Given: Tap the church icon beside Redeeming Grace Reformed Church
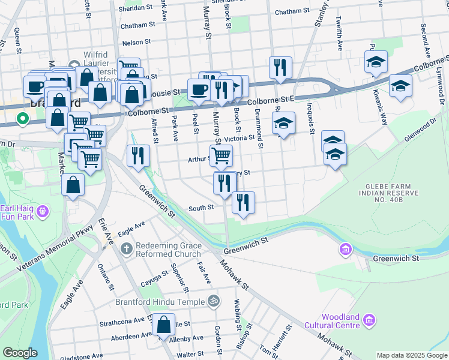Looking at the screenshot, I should (126, 248).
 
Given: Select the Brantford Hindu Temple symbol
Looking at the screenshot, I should (212, 300).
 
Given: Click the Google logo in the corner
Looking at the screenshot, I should (20, 353).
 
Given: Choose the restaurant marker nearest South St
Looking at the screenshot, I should (243, 203).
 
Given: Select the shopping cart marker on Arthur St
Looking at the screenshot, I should (221, 156).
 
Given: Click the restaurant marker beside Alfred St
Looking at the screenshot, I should (139, 155).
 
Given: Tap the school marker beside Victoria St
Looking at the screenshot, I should (283, 124).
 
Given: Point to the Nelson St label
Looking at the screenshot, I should (135, 43).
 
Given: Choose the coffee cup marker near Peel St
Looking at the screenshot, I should (199, 91).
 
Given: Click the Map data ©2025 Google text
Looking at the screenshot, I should (412, 355).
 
